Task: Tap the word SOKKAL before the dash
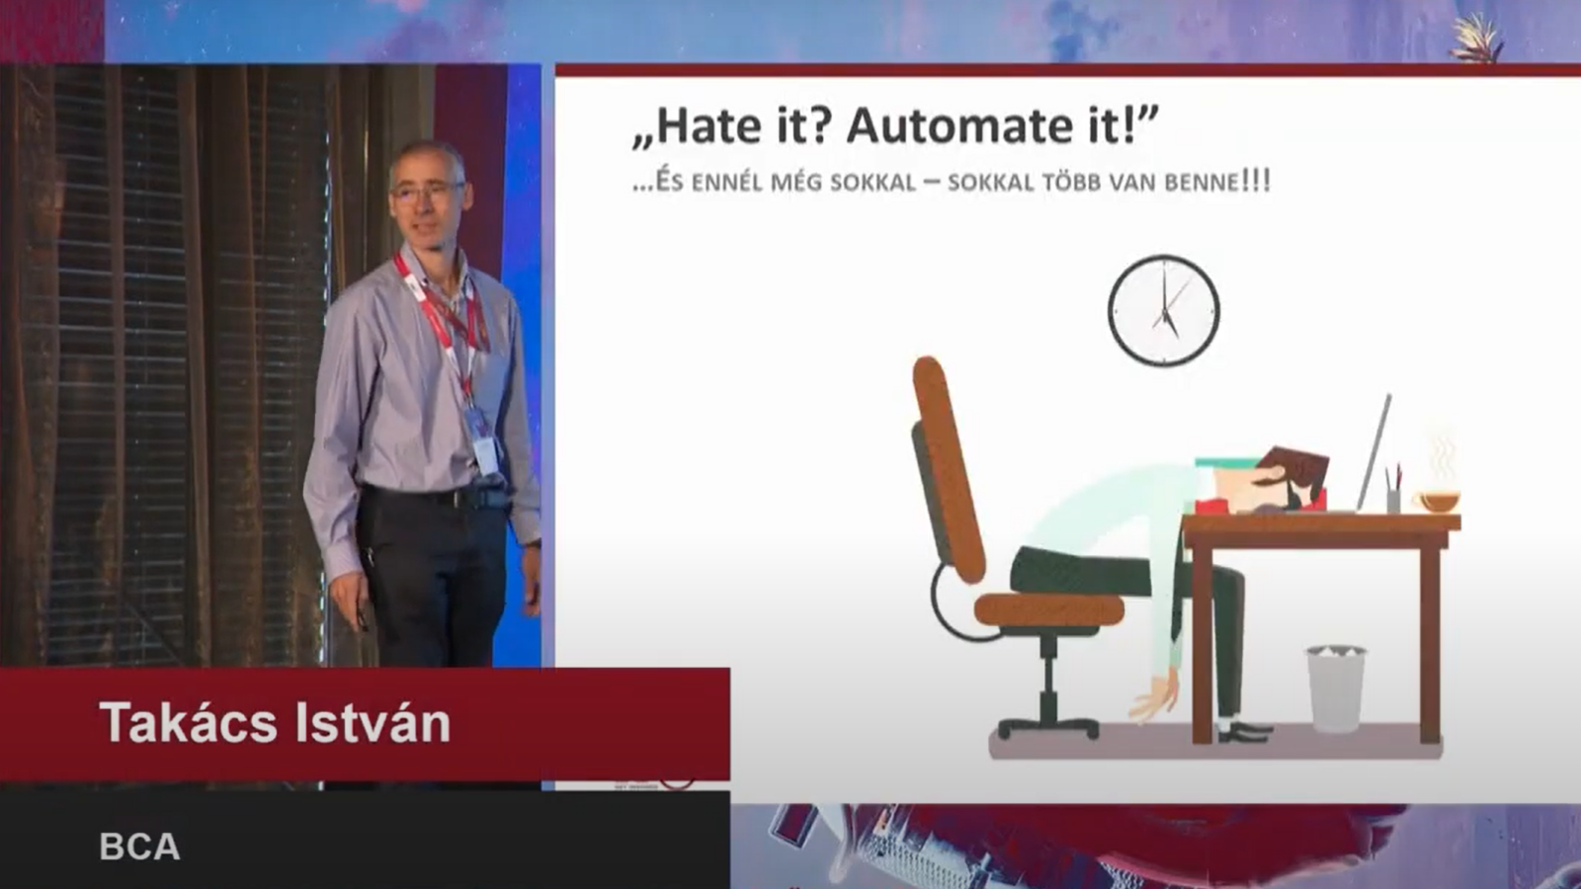[x=873, y=182]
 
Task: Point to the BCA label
[x=139, y=846]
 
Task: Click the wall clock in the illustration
[x=1164, y=310]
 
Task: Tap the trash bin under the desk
[x=1335, y=688]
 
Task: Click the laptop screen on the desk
[x=1373, y=451]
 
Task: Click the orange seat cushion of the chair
[x=1048, y=609]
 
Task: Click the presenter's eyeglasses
[x=427, y=191]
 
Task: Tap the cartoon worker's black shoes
[x=1244, y=732]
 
